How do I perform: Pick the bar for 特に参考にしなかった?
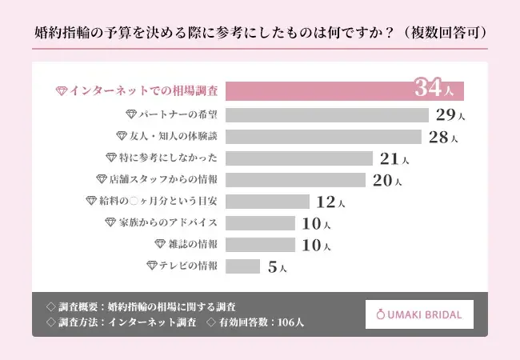(x=300, y=158)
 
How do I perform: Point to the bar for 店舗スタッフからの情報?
(x=296, y=179)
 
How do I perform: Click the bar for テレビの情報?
(x=243, y=266)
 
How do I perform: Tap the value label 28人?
(x=443, y=137)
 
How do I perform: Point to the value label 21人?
(x=394, y=158)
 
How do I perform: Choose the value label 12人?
(x=330, y=202)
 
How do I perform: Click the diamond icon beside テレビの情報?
(x=151, y=266)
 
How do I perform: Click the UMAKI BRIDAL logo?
(x=419, y=314)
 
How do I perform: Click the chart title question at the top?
(x=259, y=34)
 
